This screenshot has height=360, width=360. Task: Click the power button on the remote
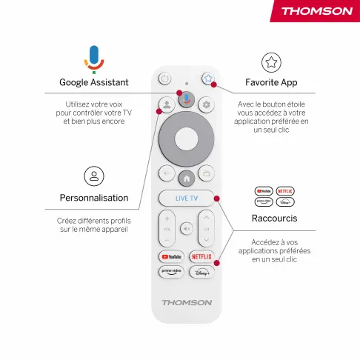click(x=164, y=79)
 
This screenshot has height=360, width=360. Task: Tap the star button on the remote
click(x=208, y=79)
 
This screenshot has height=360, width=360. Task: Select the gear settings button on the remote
click(x=206, y=104)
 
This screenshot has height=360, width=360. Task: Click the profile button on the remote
click(x=167, y=104)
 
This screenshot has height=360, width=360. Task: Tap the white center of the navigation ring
click(x=187, y=139)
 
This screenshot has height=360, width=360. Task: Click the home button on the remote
click(x=187, y=179)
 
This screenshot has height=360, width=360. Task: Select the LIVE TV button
click(x=187, y=198)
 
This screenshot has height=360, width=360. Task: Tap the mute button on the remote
click(x=187, y=229)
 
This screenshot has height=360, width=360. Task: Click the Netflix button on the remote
click(x=201, y=257)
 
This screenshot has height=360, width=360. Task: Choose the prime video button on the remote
click(x=171, y=272)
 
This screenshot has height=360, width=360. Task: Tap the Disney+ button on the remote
click(x=201, y=272)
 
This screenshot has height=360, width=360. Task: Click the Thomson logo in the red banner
click(x=317, y=11)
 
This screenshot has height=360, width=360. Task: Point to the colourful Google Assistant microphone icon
click(x=94, y=59)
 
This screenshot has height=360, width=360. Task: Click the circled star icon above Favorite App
click(x=271, y=62)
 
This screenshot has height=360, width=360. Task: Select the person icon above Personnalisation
click(x=94, y=176)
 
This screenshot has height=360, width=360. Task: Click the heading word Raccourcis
click(x=274, y=219)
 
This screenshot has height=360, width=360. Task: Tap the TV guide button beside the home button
click(x=206, y=173)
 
